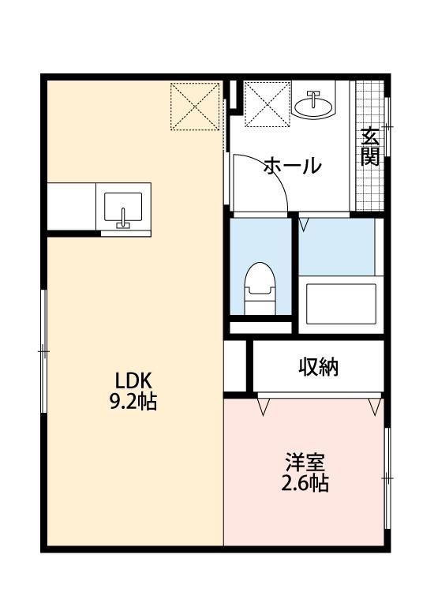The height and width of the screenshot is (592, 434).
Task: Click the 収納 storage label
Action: point(319,367)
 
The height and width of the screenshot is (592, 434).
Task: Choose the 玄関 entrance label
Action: point(370,147)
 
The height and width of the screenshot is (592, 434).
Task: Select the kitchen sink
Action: point(123,208)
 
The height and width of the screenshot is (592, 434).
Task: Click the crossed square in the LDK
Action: point(195,106)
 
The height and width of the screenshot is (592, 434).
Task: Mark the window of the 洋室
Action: point(387,478)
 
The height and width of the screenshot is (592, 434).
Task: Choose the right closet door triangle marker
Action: point(373,406)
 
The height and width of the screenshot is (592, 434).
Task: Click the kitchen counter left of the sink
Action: point(71,206)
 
